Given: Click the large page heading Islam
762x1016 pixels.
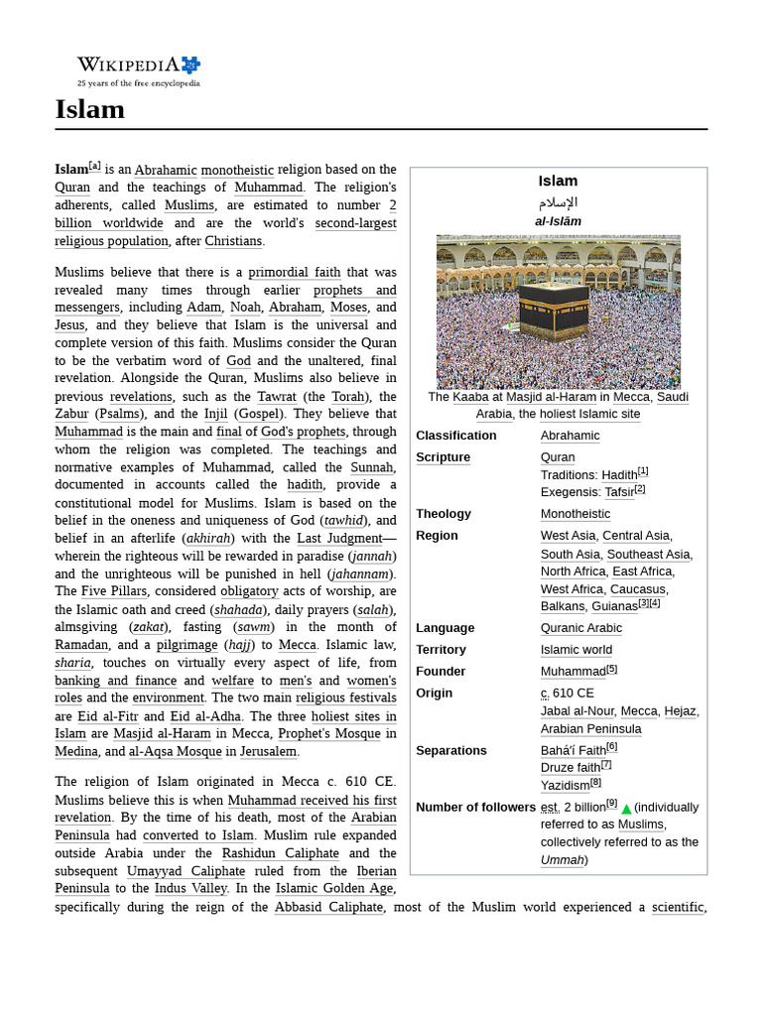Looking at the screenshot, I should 90,109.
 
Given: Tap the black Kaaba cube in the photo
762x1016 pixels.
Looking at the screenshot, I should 553,309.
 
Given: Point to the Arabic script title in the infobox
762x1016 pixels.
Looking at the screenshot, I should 558,202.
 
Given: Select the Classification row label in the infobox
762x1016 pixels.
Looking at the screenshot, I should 456,436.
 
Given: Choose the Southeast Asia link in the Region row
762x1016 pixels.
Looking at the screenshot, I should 648,555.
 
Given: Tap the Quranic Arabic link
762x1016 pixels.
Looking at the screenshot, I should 581,628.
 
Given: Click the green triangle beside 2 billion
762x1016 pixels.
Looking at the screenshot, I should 626,809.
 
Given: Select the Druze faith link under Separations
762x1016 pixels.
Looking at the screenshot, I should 571,768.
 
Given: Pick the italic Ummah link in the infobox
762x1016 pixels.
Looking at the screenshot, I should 562,860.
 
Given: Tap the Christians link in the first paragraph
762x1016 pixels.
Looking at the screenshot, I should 233,241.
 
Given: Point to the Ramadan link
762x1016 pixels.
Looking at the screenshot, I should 81,645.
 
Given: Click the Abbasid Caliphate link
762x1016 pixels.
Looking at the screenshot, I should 328,908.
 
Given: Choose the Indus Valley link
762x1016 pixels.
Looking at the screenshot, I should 190,889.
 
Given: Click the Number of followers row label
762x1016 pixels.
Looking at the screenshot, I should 475,808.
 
